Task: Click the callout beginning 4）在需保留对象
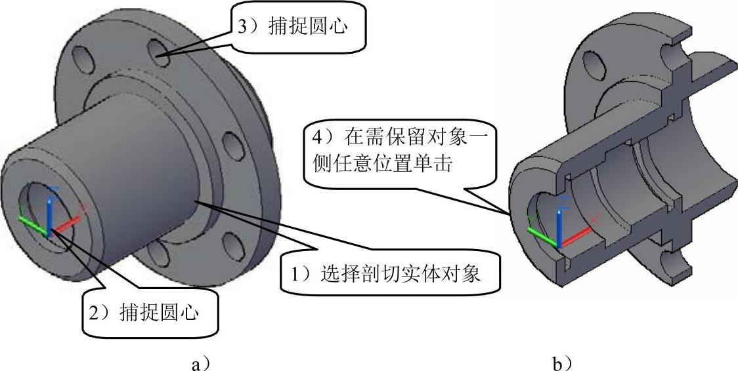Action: [400, 151]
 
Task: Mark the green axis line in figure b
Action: [542, 235]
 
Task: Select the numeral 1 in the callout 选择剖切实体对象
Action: [297, 272]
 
